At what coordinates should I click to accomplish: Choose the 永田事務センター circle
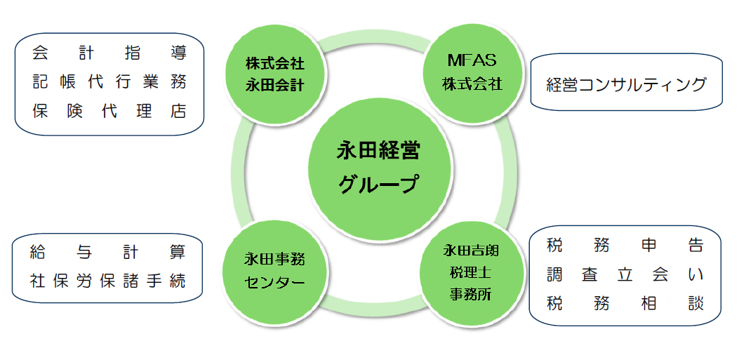pos(274,271)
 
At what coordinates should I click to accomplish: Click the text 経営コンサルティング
pos(626,85)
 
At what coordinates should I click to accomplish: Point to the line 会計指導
pos(109,53)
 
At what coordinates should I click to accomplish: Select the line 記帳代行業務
pos(109,82)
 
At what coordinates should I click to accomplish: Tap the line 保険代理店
pos(109,111)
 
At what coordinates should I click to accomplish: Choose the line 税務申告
pos(625,246)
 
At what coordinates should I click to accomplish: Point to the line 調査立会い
pos(625,275)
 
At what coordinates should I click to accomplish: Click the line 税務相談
pos(625,305)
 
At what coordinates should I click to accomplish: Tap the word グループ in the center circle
pos(378,185)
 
